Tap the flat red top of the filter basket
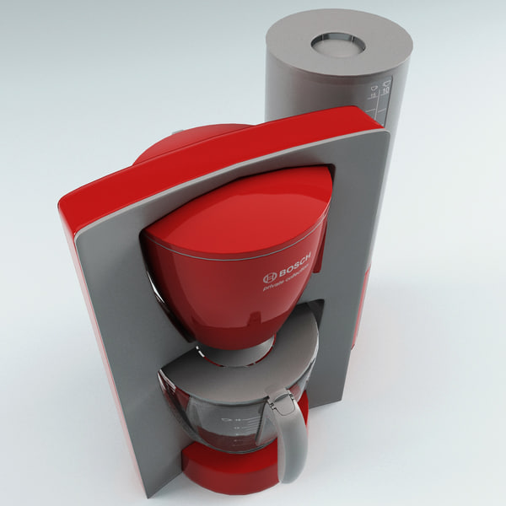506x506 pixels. coord(240,211)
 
